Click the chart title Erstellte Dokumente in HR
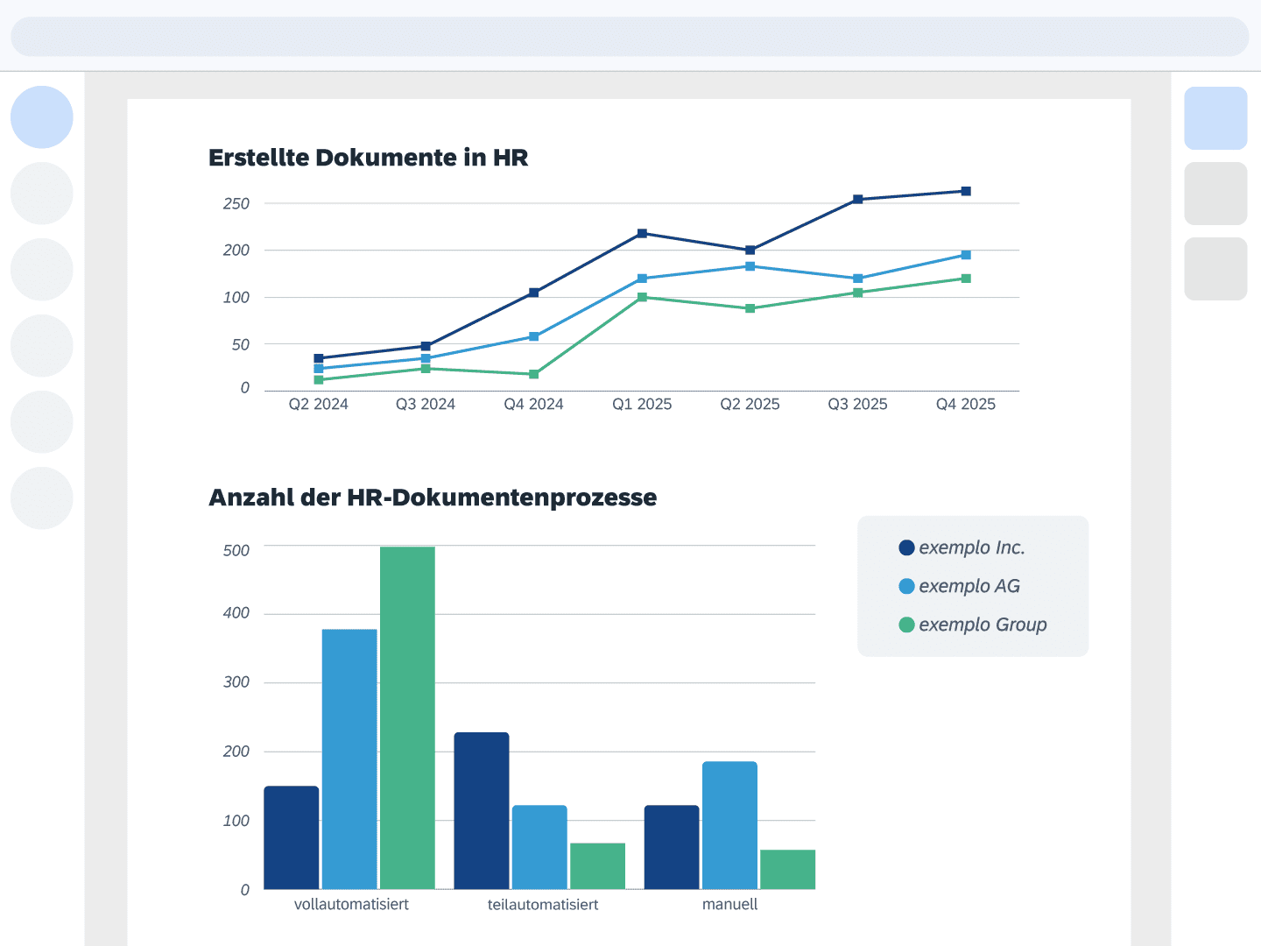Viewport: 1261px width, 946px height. tap(368, 158)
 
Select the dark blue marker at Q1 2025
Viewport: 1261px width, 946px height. tap(642, 234)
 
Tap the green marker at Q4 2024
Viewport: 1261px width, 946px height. tap(534, 374)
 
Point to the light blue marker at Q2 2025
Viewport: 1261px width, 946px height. tap(750, 266)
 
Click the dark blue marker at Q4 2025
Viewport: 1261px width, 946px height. tap(966, 191)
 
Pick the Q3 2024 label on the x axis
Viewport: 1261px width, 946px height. tap(426, 404)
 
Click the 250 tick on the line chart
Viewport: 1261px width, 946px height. tap(236, 203)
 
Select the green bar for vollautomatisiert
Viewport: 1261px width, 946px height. tap(407, 718)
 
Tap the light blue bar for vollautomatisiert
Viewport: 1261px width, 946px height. tap(349, 759)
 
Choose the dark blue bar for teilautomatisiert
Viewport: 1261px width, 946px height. tap(482, 810)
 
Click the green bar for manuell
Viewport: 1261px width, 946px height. tap(787, 869)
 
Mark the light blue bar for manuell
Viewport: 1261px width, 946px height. tap(729, 825)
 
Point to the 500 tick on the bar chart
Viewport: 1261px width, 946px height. tap(236, 550)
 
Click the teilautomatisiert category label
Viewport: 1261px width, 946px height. tap(543, 904)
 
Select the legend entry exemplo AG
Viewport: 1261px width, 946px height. tap(969, 586)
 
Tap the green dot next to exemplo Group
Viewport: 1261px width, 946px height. tap(906, 625)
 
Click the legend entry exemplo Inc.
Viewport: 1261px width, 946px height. tap(971, 547)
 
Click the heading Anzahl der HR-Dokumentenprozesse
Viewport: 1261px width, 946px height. tap(433, 498)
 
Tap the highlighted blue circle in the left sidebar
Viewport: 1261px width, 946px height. tap(42, 117)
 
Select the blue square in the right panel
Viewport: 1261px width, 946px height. tap(1215, 118)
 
